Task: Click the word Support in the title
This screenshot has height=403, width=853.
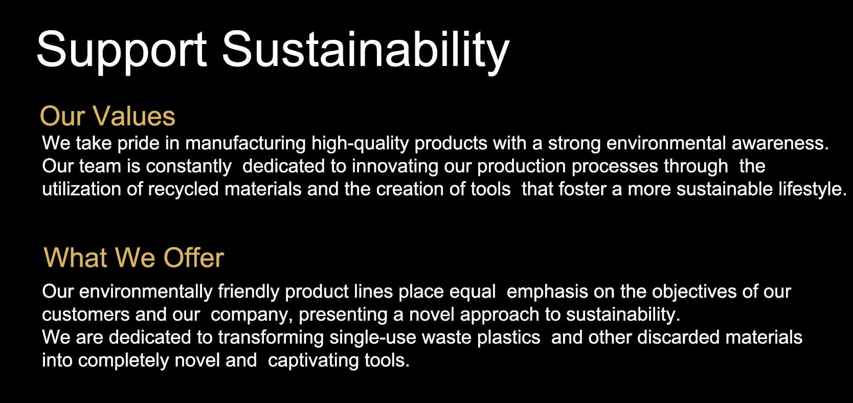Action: coord(122,51)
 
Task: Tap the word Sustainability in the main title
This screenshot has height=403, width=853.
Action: coord(366,51)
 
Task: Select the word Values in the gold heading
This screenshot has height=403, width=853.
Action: coord(134,116)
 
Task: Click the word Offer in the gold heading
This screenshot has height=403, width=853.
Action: coord(194,257)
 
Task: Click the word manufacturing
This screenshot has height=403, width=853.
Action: coord(245,144)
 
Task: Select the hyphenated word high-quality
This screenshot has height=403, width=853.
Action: coord(360,144)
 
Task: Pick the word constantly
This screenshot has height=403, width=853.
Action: coord(189,166)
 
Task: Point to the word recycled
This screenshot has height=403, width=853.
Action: coord(183,189)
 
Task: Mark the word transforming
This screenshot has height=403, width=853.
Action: coord(271,338)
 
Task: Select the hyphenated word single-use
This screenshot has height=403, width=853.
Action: coord(373,338)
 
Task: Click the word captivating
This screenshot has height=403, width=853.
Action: coord(313,361)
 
